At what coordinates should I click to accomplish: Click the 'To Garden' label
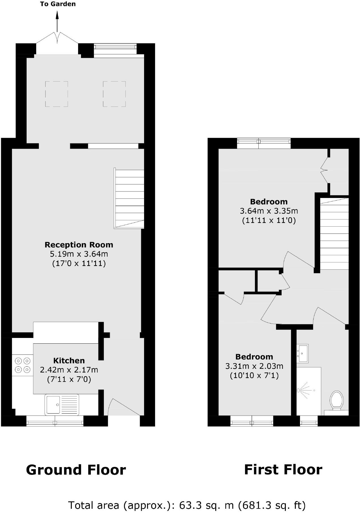pos(58,4)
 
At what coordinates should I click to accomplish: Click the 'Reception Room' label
pos(79,245)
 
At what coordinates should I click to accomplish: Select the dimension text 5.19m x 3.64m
pos(79,254)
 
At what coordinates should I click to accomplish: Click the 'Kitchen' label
pos(69,361)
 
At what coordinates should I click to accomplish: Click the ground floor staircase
pos(129,198)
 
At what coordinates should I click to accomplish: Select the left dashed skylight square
pos(57,94)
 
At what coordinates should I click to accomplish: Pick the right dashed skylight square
pos(114,94)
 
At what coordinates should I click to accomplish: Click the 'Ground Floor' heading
pos(76,470)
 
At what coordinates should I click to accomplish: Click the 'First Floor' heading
pos(283,470)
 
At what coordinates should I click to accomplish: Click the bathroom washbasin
pos(302,353)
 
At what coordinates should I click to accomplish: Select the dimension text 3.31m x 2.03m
pos(254,366)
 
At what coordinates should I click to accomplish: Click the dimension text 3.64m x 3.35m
pos(269,211)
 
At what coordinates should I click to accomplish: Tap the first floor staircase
pos(334,234)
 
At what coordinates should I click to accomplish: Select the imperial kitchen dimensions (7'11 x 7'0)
pos(69,379)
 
